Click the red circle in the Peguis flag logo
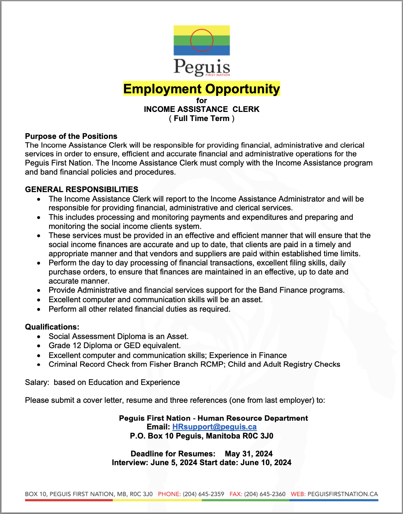point(201,40)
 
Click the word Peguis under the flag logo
point(201,67)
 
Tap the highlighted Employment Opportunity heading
point(201,89)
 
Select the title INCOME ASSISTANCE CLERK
point(201,109)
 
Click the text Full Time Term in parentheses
point(201,118)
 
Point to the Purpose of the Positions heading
point(71,136)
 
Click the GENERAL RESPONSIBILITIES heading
point(82,190)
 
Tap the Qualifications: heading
point(52,327)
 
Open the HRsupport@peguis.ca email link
point(214,427)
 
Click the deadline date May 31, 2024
point(249,454)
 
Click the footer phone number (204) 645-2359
point(203,494)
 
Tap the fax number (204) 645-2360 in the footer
point(265,494)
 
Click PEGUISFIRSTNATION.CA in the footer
point(343,494)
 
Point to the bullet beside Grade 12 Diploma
point(39,346)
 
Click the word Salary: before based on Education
point(37,382)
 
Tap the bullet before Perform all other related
point(39,309)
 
